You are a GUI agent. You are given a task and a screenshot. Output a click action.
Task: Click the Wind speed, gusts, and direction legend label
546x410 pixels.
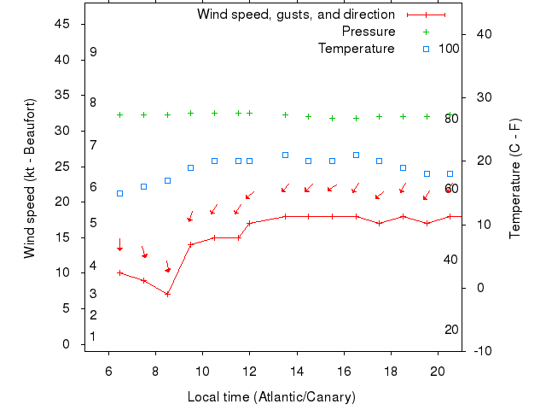point(296,15)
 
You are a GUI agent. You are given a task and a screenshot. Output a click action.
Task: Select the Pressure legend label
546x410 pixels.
point(369,32)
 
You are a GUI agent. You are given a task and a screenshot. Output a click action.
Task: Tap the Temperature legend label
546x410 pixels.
point(357,49)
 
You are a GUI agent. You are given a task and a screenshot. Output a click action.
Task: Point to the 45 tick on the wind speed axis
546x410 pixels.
point(61,24)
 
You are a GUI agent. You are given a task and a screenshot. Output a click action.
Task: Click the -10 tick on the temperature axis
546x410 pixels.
point(481,350)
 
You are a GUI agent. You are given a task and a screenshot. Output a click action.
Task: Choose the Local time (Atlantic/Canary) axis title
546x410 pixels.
point(271,397)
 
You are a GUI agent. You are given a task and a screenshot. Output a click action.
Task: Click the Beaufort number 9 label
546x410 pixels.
point(93,52)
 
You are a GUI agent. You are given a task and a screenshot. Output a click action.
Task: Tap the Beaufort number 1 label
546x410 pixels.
point(92,337)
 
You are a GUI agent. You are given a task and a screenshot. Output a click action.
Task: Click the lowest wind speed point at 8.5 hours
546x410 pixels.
point(167,294)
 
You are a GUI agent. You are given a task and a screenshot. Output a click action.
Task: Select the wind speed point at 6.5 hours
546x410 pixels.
point(120,272)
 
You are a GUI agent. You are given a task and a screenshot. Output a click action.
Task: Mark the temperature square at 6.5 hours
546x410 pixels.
point(120,193)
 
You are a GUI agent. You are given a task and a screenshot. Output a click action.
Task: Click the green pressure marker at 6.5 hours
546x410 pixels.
point(120,114)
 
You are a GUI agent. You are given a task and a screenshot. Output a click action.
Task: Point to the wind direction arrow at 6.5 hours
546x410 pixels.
point(120,244)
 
